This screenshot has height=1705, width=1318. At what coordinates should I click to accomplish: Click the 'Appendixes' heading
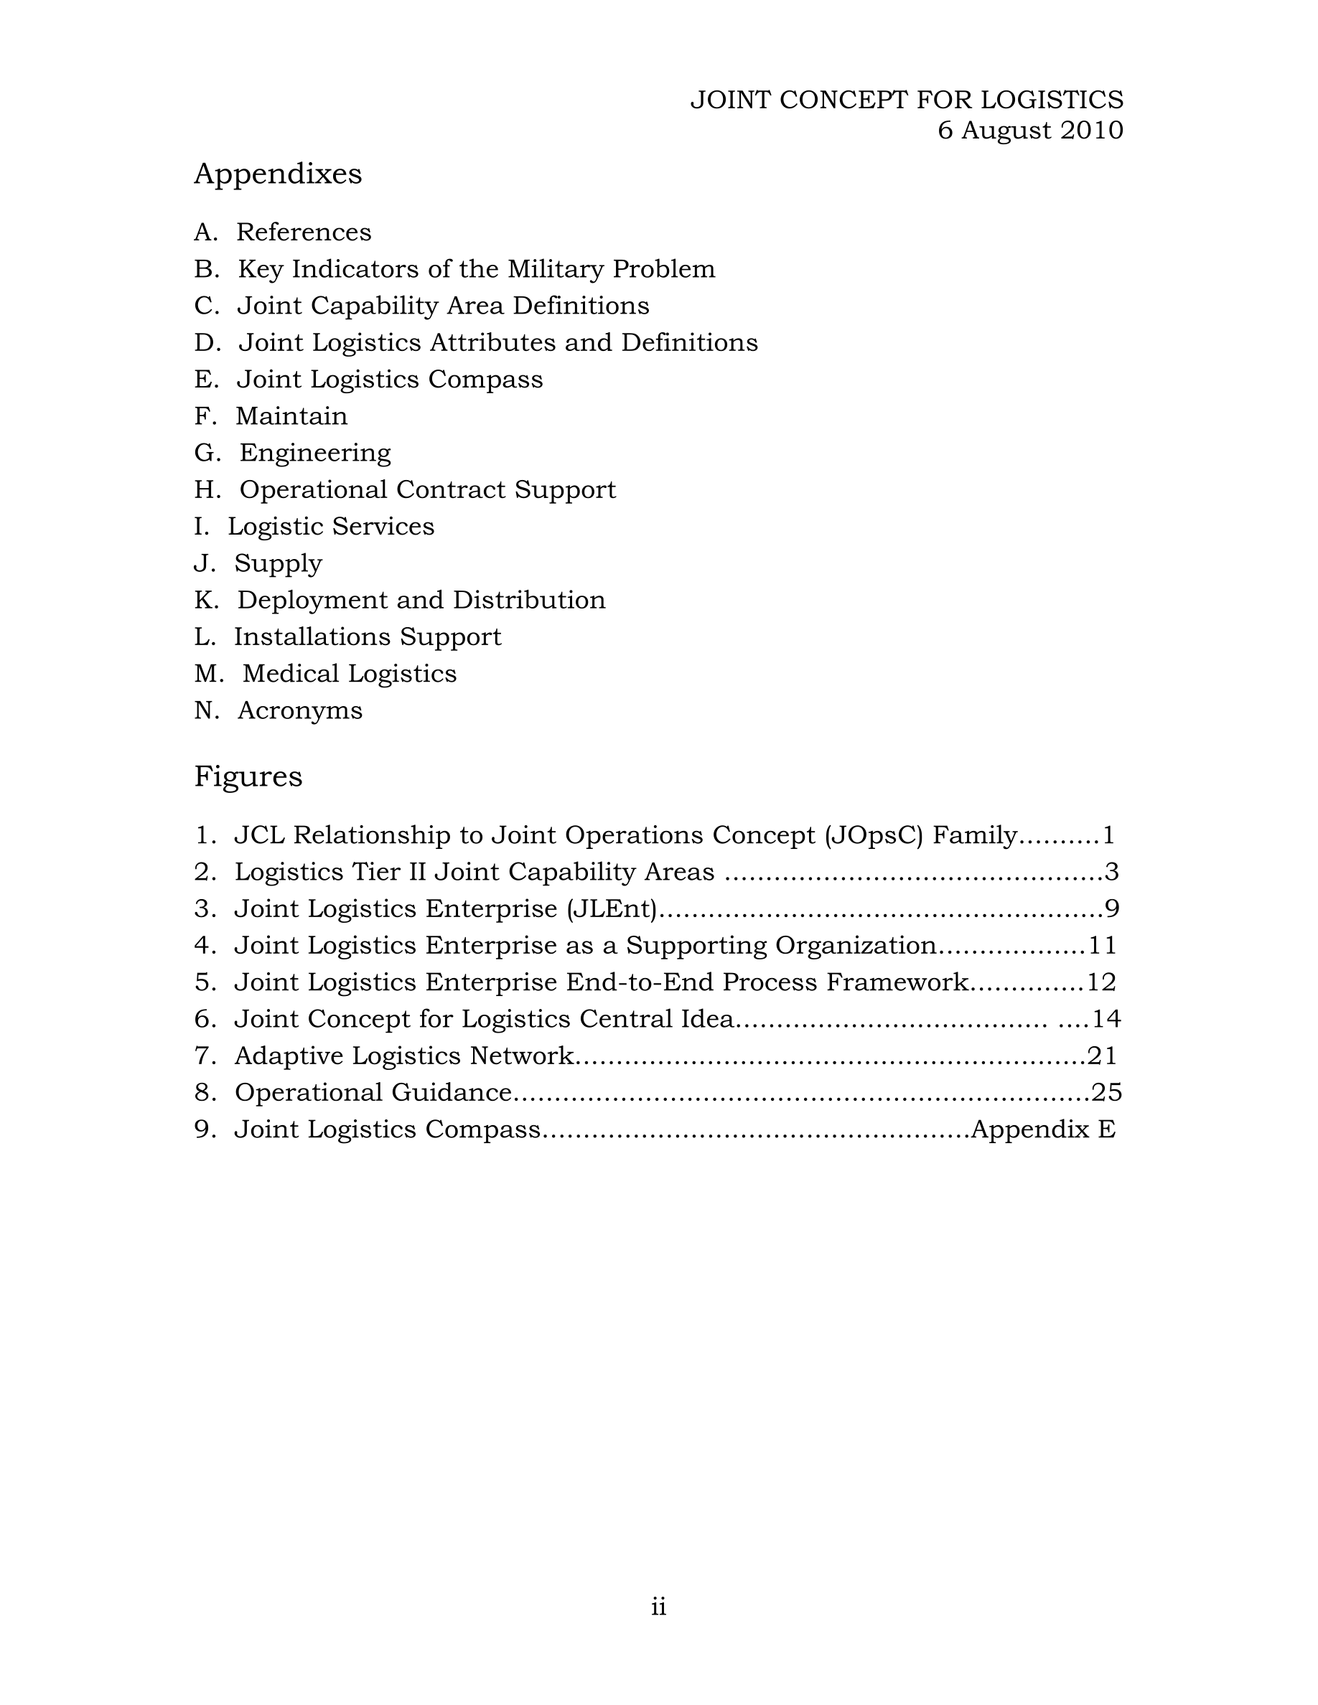coord(277,174)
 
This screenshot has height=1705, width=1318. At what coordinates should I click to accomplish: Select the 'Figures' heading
coord(248,776)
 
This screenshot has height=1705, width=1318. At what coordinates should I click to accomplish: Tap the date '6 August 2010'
coord(1030,131)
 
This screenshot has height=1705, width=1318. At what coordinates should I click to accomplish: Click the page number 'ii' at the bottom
coord(658,1607)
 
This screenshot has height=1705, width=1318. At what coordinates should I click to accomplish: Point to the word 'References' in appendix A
coord(304,232)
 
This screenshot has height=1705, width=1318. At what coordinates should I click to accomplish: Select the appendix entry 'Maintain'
coord(291,416)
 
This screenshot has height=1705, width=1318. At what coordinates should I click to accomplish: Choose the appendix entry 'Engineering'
coord(314,453)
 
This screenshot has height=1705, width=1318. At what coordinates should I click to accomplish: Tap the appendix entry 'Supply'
coord(278,563)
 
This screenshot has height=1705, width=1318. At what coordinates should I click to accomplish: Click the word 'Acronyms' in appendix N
coord(300,710)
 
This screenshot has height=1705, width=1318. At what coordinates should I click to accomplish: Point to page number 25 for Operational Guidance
coord(1106,1092)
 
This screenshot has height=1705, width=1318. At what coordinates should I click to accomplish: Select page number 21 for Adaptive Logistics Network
coord(1102,1056)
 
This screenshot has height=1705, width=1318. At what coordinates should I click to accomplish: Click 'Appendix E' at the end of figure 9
coord(1042,1129)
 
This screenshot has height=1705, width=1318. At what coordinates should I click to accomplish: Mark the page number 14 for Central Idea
coord(1106,1019)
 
